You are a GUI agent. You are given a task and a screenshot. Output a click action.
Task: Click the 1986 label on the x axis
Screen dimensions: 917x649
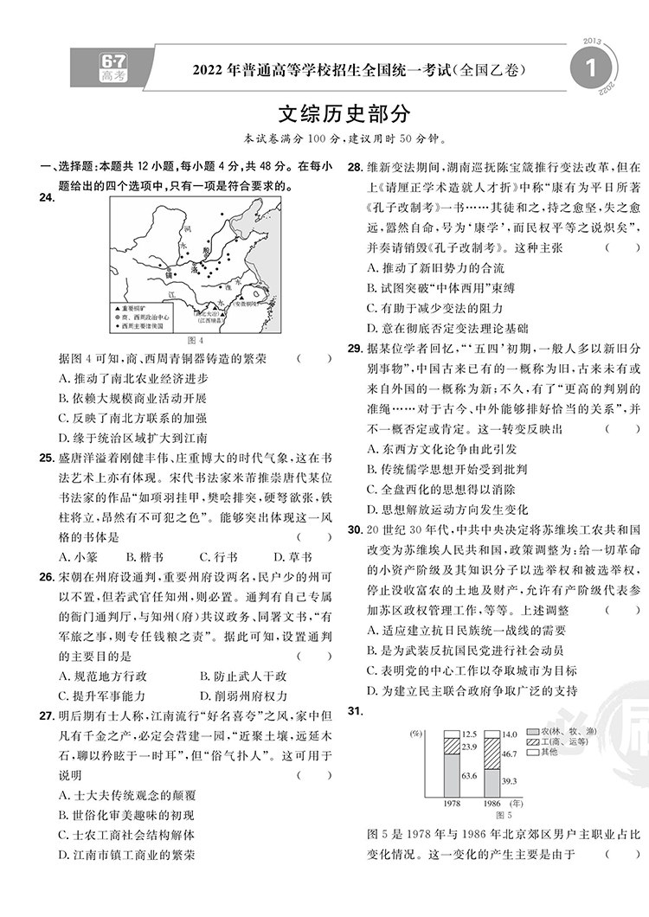tap(491, 804)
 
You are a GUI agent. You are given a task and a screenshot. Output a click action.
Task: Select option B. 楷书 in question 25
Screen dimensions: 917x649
tap(145, 557)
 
